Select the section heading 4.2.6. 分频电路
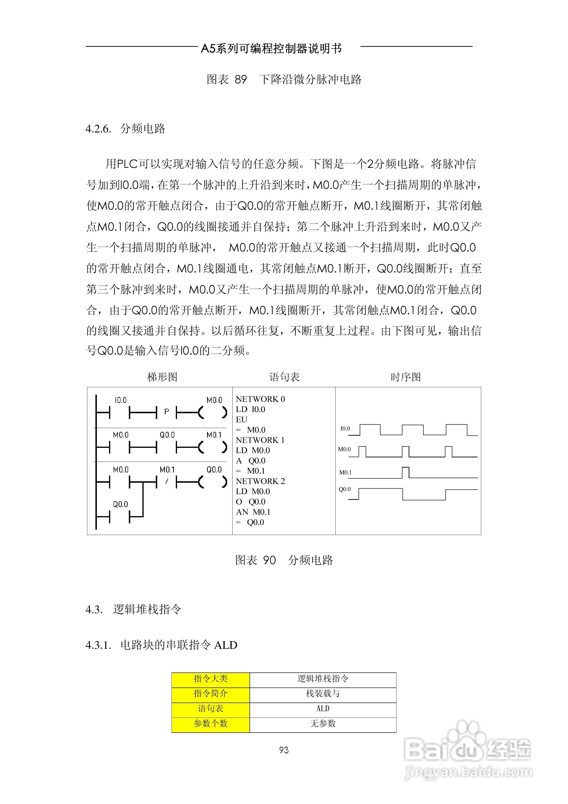[125, 128]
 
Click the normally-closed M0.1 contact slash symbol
[167, 482]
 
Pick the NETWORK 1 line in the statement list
[260, 440]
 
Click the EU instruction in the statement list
[241, 419]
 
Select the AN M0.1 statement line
[253, 512]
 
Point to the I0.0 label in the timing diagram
[345, 428]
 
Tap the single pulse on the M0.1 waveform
[406, 472]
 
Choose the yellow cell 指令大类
[210, 679]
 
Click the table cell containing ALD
[323, 709]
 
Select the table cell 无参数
[323, 724]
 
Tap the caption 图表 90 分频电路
[284, 560]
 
